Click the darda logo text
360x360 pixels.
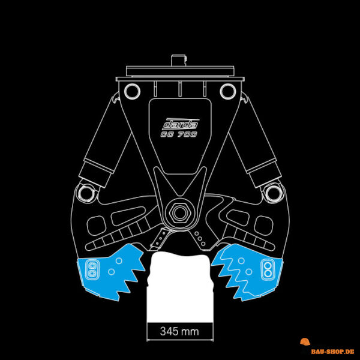(181, 124)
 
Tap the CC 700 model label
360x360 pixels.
(179, 134)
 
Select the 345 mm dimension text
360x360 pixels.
(179, 331)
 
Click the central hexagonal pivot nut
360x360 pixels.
(179, 212)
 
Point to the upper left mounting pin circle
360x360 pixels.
(132, 91)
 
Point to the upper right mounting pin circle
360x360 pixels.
(228, 91)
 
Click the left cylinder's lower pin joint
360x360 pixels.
(85, 194)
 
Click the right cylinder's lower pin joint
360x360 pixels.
(273, 194)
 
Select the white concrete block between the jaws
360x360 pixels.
(180, 287)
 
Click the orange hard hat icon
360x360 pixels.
(305, 341)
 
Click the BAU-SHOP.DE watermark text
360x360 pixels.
(332, 351)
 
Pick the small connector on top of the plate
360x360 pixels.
(179, 61)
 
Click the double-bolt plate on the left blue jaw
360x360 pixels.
(92, 269)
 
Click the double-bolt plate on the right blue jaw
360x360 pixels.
(268, 269)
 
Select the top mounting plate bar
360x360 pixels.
(180, 71)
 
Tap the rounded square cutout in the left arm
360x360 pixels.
(96, 226)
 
